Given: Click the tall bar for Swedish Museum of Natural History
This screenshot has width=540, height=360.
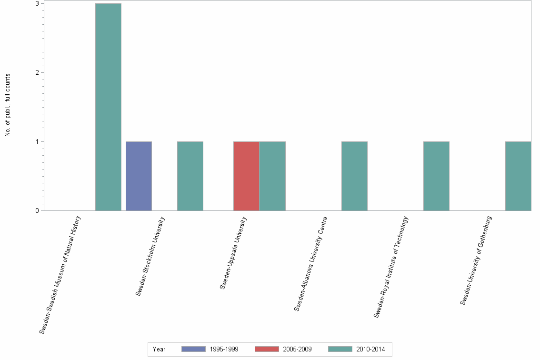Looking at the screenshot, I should [x=108, y=107].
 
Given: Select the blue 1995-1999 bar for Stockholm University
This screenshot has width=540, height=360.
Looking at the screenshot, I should [x=139, y=176].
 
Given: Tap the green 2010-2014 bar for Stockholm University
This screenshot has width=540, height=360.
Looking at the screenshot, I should [x=190, y=176].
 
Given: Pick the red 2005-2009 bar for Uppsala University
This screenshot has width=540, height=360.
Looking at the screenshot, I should [x=246, y=176].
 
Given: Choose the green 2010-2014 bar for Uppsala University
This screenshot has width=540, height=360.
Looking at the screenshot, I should [x=272, y=176].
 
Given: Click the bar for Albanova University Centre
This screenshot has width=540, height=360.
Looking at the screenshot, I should [x=354, y=176].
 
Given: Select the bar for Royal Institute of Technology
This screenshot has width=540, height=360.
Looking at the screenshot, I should [x=436, y=176].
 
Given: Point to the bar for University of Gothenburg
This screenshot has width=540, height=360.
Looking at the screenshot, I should [x=518, y=176].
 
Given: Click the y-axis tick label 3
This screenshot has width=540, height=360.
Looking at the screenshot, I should [x=37, y=3].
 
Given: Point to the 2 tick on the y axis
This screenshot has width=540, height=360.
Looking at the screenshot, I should [x=37, y=72].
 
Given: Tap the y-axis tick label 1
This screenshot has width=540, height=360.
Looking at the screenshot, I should [x=37, y=141].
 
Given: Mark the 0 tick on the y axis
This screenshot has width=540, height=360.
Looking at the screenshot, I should [x=37, y=210].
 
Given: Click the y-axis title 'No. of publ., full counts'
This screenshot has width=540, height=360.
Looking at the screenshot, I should [x=8, y=105].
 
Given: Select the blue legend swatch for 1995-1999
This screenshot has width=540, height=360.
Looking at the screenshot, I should [x=193, y=349].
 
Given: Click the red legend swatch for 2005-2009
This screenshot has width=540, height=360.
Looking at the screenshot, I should [x=267, y=349].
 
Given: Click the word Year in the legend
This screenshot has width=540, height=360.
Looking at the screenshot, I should [x=159, y=350].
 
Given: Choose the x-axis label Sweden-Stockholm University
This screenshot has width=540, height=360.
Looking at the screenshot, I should [x=150, y=256].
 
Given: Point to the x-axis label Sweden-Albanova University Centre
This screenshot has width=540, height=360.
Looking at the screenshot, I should [x=310, y=263].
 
